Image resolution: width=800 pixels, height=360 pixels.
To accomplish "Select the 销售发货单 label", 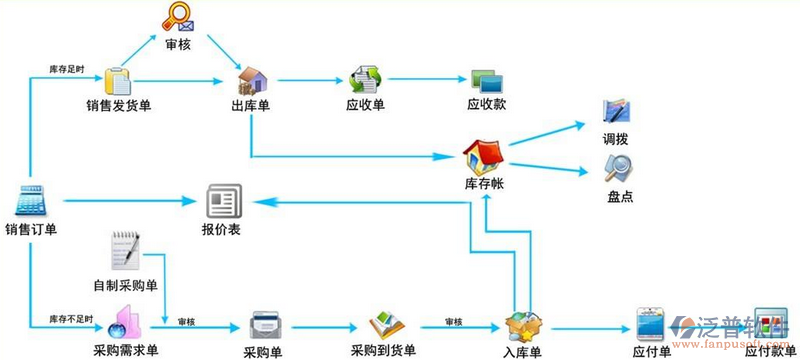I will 118,105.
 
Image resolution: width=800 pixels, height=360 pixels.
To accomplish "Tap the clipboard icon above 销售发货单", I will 118,80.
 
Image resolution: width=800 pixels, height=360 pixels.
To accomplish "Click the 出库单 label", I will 250,105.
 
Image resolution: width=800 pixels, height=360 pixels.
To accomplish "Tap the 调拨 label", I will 616,138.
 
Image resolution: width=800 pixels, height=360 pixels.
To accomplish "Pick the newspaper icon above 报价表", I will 222,203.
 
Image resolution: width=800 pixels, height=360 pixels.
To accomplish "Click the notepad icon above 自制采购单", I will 125,250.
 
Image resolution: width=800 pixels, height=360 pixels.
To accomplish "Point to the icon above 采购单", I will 263,324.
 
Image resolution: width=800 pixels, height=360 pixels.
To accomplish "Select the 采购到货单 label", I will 384,351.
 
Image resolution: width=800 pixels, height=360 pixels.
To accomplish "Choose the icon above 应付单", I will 651,325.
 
